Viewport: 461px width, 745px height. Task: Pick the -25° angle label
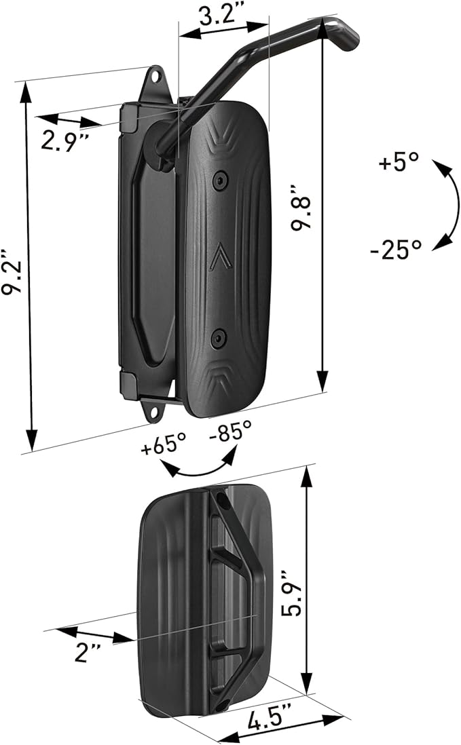pyautogui.click(x=396, y=250)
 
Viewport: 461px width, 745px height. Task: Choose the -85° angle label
pyautogui.click(x=230, y=433)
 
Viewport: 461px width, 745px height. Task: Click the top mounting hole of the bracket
pyautogui.click(x=155, y=77)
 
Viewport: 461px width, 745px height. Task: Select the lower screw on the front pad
pyautogui.click(x=217, y=335)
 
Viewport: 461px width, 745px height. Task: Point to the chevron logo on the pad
pyautogui.click(x=219, y=257)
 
